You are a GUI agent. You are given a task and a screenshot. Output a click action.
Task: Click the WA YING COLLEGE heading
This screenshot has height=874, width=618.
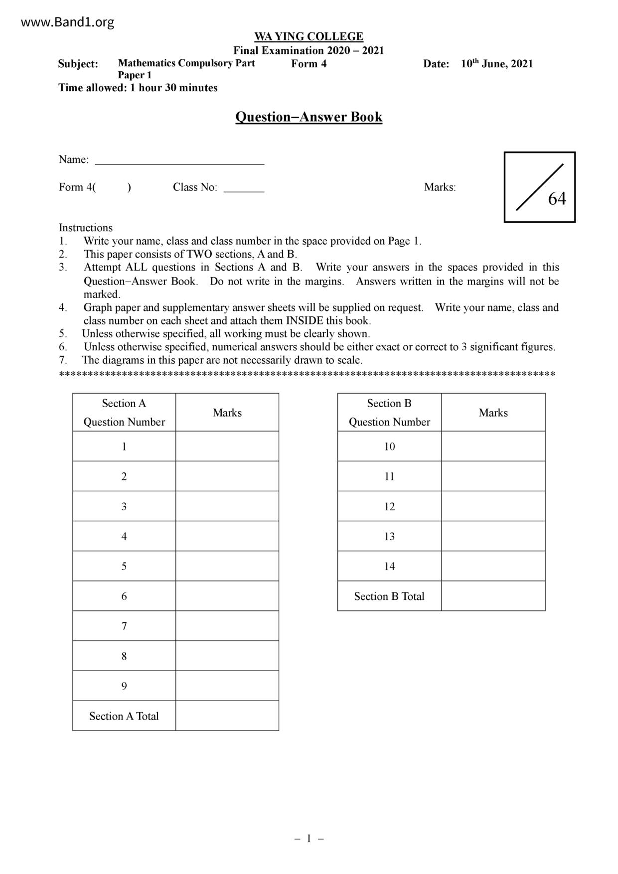tap(309, 37)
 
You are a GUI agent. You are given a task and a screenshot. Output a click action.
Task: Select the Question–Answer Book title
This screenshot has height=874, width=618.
tap(309, 117)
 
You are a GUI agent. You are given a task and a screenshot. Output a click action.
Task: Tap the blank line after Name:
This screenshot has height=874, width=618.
tap(179, 160)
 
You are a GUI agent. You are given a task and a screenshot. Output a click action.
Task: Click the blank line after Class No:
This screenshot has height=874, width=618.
tap(244, 188)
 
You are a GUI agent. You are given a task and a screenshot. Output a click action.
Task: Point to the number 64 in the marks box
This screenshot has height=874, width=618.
tap(557, 199)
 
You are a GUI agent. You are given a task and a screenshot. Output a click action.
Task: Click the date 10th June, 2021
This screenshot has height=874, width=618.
tap(496, 64)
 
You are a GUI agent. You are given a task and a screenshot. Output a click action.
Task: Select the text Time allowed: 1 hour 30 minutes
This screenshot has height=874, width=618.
tap(138, 88)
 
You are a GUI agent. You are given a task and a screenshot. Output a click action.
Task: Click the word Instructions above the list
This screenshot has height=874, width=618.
tap(86, 228)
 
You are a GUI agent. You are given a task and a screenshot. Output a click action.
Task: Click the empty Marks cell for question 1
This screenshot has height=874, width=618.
tap(227, 446)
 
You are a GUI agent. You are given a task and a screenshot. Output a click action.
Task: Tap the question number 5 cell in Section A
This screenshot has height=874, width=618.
tap(124, 566)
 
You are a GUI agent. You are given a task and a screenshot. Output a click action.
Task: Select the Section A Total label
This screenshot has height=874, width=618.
tap(124, 716)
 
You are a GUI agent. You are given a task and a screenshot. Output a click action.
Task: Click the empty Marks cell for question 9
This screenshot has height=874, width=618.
tap(227, 686)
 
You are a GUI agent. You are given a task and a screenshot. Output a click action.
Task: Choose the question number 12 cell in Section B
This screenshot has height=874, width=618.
tap(389, 507)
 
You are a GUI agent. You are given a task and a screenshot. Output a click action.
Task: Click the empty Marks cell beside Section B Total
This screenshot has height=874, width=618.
tap(493, 596)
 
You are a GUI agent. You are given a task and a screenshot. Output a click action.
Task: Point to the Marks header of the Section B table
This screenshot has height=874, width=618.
tap(493, 413)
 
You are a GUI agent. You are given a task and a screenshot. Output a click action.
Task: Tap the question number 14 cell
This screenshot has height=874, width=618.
tap(389, 567)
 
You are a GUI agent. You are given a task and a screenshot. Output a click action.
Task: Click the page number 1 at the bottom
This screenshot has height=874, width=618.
tap(309, 839)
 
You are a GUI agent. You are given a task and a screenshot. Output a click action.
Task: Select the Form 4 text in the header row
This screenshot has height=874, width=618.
tap(309, 64)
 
